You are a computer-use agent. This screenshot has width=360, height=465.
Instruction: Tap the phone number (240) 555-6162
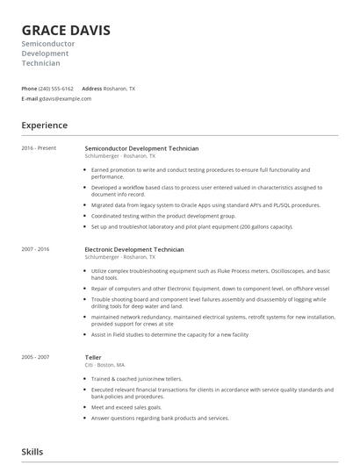pos(58,89)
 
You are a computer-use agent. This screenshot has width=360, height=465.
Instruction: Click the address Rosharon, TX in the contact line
pos(120,89)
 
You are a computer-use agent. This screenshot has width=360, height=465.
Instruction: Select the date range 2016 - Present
pos(39,148)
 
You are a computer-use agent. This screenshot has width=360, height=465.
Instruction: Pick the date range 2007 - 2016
pos(36,249)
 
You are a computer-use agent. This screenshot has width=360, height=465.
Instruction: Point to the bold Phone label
pos(29,89)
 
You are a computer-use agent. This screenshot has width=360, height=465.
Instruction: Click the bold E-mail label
pos(30,98)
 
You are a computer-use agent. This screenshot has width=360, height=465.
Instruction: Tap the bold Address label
pos(92,89)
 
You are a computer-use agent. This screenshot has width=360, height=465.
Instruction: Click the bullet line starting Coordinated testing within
pos(163,216)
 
